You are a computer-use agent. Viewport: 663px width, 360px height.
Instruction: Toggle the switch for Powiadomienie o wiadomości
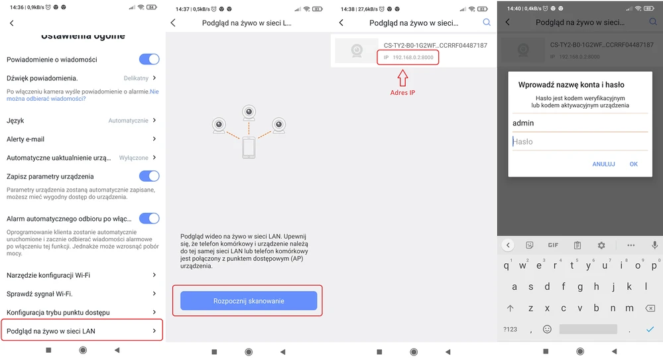[x=149, y=59]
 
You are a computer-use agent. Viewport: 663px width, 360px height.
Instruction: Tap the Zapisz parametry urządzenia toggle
[x=149, y=176]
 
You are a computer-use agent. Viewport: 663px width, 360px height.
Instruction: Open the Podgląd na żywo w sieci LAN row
[x=82, y=330]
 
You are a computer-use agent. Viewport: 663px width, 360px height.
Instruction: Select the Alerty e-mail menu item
[x=25, y=139]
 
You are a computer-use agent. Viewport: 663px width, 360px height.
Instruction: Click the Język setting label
[x=15, y=121]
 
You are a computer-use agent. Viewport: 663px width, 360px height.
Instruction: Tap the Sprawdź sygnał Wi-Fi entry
[x=39, y=294]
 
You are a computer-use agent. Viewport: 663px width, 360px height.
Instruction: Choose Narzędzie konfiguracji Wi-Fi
[x=48, y=275]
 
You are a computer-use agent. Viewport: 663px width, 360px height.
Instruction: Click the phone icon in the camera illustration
[x=249, y=148]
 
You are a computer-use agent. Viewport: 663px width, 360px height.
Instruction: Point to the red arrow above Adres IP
[x=402, y=78]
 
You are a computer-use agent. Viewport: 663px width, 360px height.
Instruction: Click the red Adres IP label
[x=402, y=93]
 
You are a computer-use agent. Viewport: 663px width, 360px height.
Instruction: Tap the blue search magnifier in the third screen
[x=487, y=23]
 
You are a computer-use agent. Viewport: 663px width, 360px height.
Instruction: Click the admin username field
[x=580, y=123]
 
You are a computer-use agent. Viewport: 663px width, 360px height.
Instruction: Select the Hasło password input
[x=580, y=142]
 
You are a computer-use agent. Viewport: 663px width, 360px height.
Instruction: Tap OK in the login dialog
[x=633, y=164]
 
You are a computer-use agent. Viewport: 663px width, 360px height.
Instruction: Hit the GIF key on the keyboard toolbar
[x=553, y=245]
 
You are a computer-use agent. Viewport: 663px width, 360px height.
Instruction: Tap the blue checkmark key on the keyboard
[x=650, y=329]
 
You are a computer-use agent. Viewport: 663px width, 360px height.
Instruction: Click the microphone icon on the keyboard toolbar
[x=654, y=245]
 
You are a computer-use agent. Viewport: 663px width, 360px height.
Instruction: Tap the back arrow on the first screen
[x=12, y=23]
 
